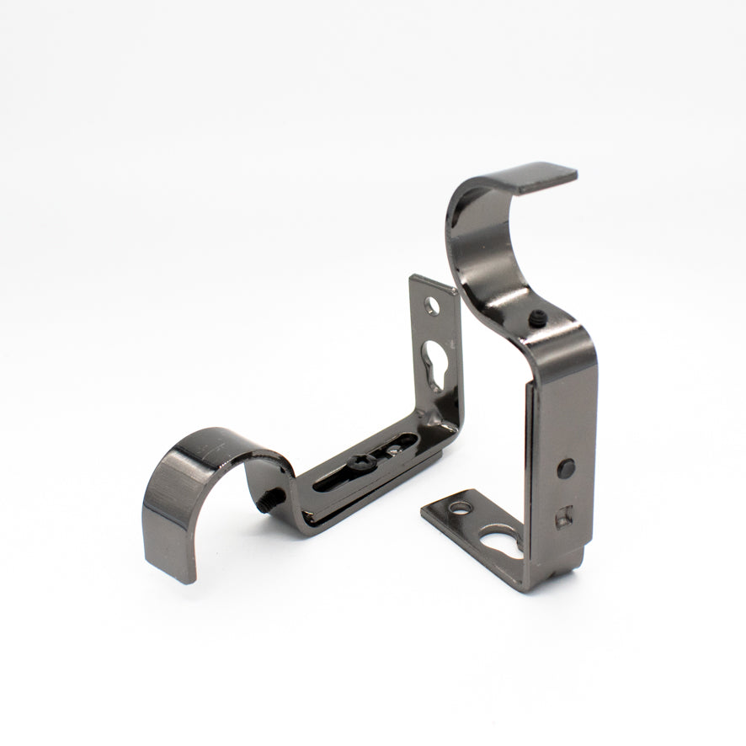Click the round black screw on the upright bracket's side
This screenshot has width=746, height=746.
click(x=566, y=467)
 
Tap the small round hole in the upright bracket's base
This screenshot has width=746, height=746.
click(x=461, y=508)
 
